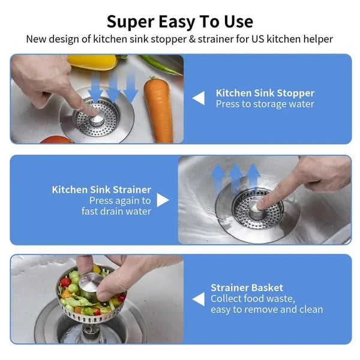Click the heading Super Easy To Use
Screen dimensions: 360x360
pyautogui.click(x=179, y=22)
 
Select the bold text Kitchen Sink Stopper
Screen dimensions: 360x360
pyautogui.click(x=265, y=93)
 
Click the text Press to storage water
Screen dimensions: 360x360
pyautogui.click(x=265, y=104)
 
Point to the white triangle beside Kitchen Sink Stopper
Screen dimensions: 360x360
pyautogui.click(x=198, y=98)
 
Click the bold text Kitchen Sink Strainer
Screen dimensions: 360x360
pyautogui.click(x=101, y=190)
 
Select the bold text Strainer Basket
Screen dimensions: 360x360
pyautogui.click(x=247, y=287)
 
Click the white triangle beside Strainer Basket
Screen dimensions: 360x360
pyautogui.click(x=198, y=298)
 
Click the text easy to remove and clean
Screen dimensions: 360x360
pyautogui.click(x=266, y=310)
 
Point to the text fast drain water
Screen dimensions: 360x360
pyautogui.click(x=116, y=211)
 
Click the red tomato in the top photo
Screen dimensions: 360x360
pyautogui.click(x=57, y=139)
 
